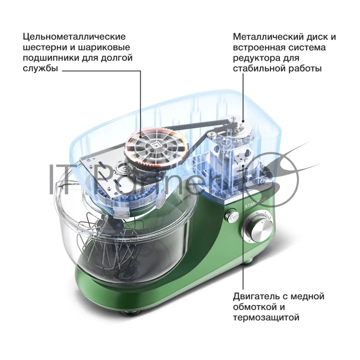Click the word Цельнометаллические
74,37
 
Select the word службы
40,68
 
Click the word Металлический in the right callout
266,37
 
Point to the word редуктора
256,58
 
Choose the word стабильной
259,68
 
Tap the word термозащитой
266,318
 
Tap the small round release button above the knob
232,216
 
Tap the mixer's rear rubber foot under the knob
250,261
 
